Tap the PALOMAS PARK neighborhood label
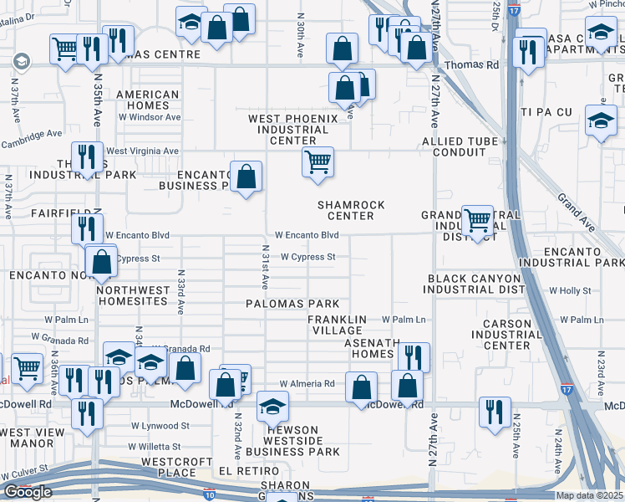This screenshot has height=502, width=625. [x=292, y=303]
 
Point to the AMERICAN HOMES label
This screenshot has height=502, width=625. [x=148, y=100]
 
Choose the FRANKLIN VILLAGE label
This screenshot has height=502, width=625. [x=337, y=325]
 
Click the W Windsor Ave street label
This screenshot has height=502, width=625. [x=149, y=117]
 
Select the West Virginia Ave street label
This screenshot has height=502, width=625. [x=142, y=151]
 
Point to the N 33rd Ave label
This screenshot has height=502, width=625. [x=180, y=291]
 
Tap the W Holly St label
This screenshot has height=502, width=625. [x=569, y=291]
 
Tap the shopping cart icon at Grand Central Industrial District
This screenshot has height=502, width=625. [x=477, y=221]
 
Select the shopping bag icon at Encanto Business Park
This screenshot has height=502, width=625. [x=246, y=177]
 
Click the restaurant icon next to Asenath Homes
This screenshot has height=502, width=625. [x=414, y=357]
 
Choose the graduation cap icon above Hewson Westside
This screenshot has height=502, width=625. [x=272, y=407]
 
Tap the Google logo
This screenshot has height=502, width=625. [x=28, y=491]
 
